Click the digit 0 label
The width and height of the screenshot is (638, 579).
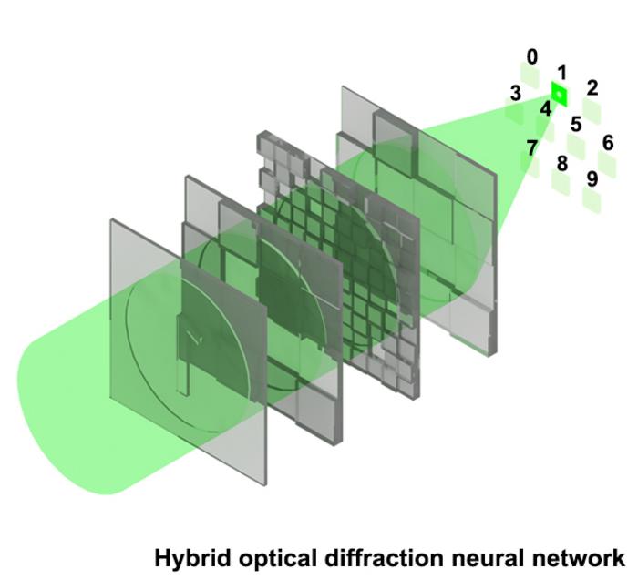(x=532, y=56)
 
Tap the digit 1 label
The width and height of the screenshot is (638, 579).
(x=562, y=72)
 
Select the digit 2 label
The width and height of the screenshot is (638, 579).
(x=592, y=87)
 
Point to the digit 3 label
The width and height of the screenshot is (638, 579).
(x=516, y=93)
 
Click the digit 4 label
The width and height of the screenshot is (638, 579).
(x=545, y=109)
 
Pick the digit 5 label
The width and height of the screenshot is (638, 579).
(x=575, y=124)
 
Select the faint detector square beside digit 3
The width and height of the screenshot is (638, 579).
(x=515, y=113)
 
